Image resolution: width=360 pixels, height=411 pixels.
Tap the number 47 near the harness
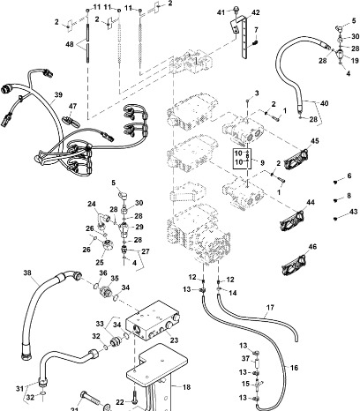pos(74,106)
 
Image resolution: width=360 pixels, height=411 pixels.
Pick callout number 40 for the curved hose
pos(326,102)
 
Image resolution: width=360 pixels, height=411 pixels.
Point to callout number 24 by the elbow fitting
pos(92,204)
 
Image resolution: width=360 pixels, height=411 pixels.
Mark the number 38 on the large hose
pos(26,273)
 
